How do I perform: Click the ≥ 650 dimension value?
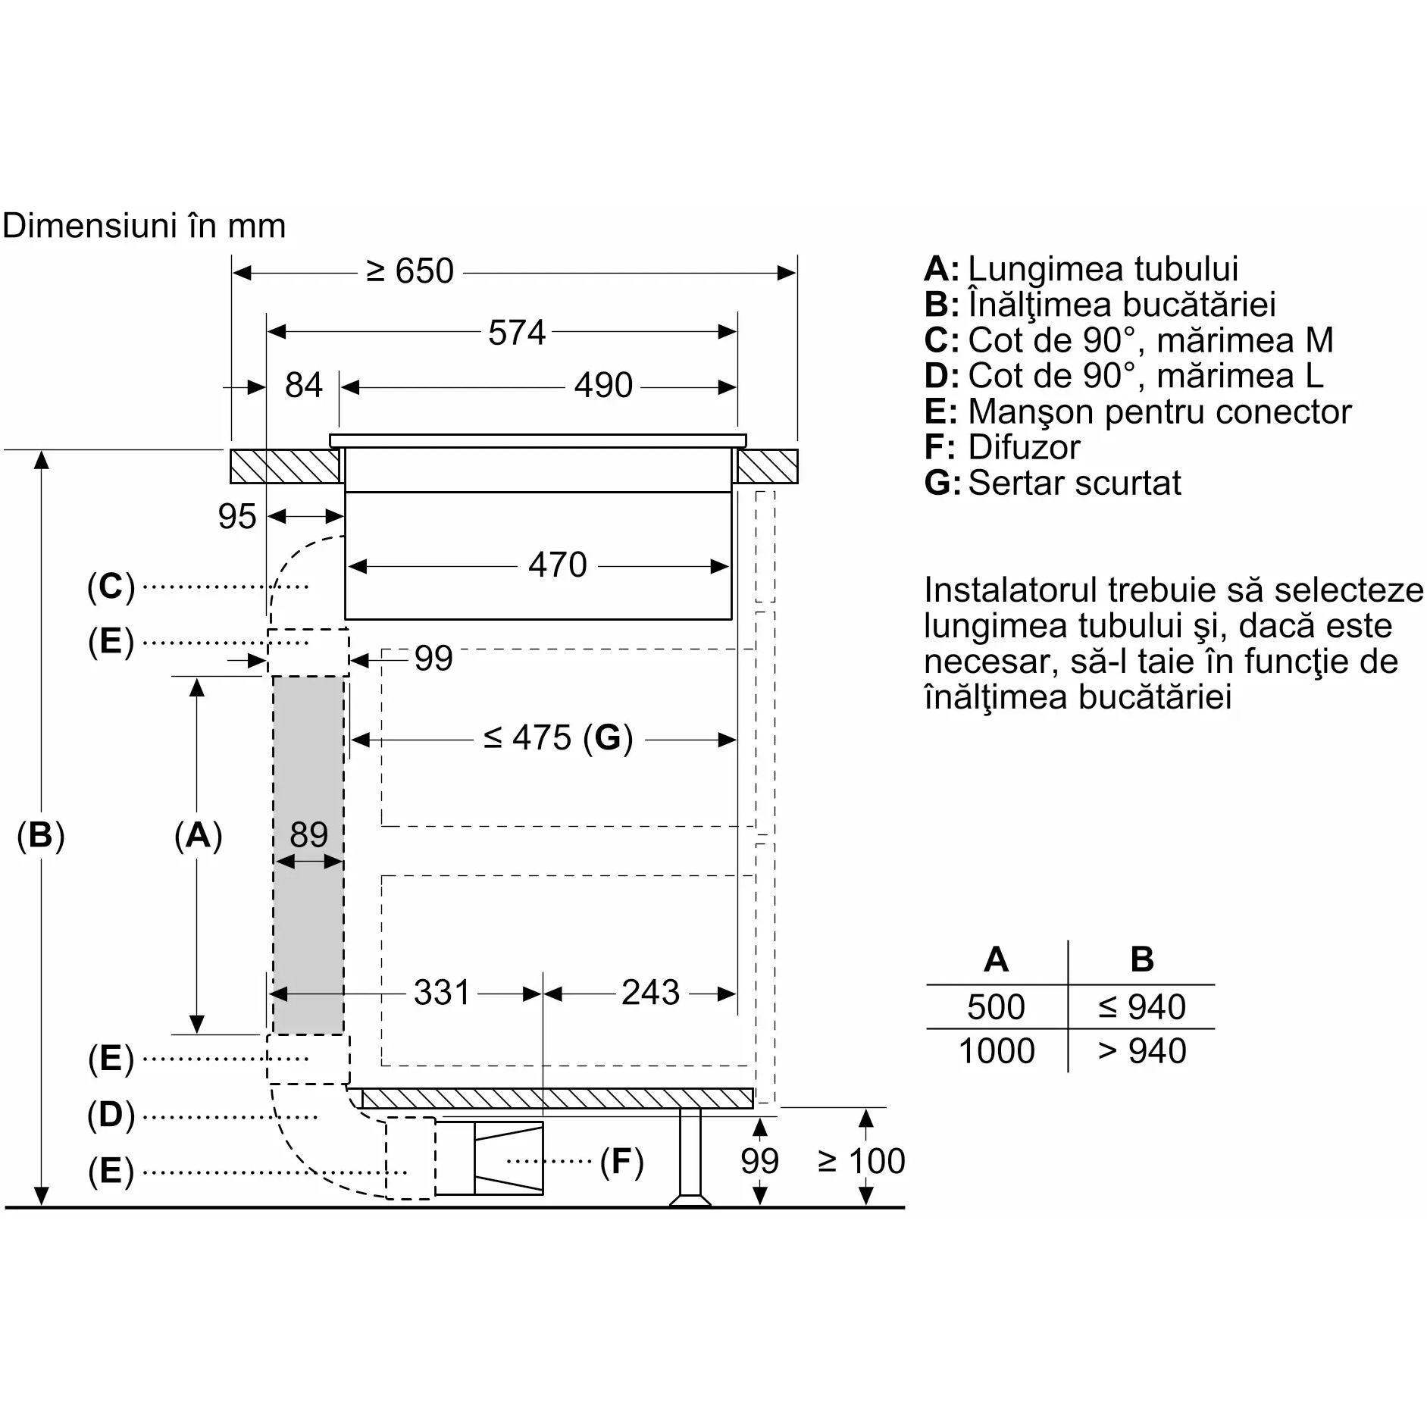409,271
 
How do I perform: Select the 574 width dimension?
517,333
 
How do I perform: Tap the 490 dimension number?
603,385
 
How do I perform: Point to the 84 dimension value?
303,385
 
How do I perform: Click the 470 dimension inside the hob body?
558,565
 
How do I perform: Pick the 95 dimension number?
237,517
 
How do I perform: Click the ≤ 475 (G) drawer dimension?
558,737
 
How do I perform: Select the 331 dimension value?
442,992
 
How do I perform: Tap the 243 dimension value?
650,992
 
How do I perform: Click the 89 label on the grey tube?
308,834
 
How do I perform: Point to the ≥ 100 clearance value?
862,1161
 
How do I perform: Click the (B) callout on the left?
41,835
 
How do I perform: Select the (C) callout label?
111,587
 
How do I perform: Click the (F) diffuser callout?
621,1161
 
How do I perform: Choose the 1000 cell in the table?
996,1051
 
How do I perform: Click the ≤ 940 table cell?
1141,1007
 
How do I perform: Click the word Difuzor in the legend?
1024,447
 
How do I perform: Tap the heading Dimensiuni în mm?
144,226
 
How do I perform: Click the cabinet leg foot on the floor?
690,1200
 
